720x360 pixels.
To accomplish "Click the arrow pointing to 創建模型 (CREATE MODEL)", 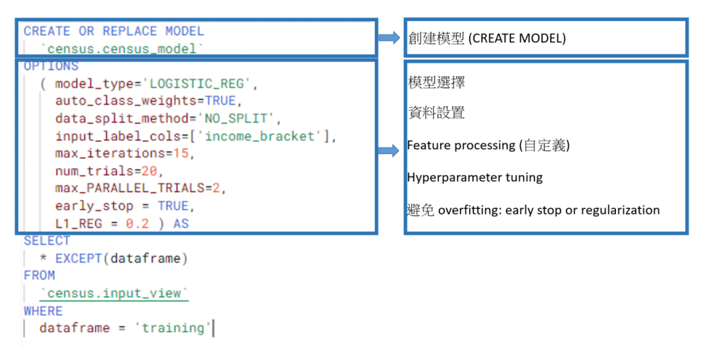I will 389,37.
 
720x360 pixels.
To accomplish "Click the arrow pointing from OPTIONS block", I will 389,150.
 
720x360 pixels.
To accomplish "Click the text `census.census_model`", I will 122,49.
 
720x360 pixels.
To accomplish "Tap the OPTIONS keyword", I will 51,66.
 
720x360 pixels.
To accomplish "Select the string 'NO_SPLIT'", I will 240,119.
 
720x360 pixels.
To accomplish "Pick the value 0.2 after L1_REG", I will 138,224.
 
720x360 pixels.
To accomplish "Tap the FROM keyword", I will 39,276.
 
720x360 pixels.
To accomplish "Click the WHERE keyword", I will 43,311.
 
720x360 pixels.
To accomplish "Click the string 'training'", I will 172,328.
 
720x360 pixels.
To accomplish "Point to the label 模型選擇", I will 436,83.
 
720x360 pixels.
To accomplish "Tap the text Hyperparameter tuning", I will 475,178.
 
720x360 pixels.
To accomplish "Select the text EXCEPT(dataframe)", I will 122,258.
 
